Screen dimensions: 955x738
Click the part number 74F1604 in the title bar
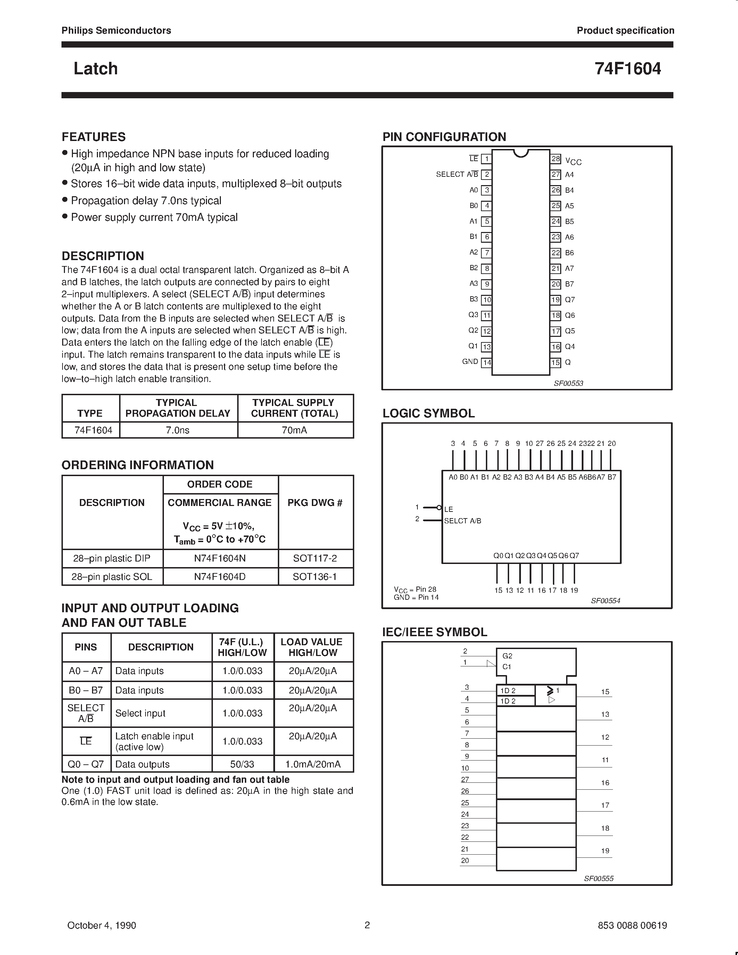pyautogui.click(x=628, y=69)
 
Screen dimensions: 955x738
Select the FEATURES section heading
pyautogui.click(x=93, y=137)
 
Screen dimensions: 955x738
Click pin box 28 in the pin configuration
pyautogui.click(x=555, y=159)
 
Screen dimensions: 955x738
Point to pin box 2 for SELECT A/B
pyautogui.click(x=486, y=174)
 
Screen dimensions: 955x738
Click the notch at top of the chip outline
pyautogui.click(x=520, y=153)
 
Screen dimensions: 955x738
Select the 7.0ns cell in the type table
pyautogui.click(x=177, y=430)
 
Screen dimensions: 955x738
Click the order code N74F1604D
pyautogui.click(x=219, y=577)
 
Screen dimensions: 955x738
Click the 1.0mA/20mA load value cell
pyautogui.click(x=313, y=764)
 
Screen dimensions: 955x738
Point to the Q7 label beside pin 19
pyautogui.click(x=570, y=300)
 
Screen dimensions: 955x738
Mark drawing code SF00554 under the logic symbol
pyautogui.click(x=606, y=601)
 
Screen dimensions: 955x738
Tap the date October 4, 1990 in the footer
pyautogui.click(x=101, y=925)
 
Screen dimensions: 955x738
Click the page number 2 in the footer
pyautogui.click(x=367, y=925)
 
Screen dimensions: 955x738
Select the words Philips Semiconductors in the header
pyautogui.click(x=116, y=31)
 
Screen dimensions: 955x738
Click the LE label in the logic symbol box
pyautogui.click(x=449, y=509)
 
